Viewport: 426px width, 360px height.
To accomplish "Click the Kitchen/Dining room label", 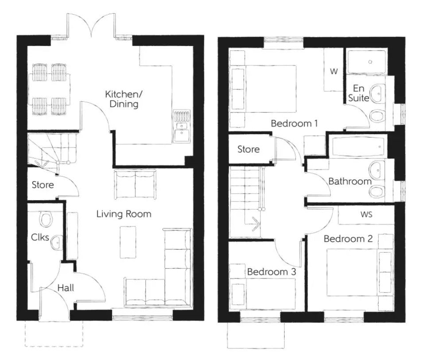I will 121,100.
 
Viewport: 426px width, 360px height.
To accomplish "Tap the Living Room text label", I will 124,214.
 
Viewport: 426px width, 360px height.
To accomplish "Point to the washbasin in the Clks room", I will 56,243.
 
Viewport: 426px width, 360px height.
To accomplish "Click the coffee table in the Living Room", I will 128,242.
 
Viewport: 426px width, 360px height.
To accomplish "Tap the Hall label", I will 66,288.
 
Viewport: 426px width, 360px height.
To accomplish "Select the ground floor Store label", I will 43,185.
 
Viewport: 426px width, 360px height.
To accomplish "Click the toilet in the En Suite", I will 377,116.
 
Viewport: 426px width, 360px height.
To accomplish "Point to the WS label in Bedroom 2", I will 366,215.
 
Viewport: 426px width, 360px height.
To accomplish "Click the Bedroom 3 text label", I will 271,272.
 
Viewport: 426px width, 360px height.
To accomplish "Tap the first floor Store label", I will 248,150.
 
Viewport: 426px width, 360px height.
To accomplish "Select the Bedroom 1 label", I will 294,124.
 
